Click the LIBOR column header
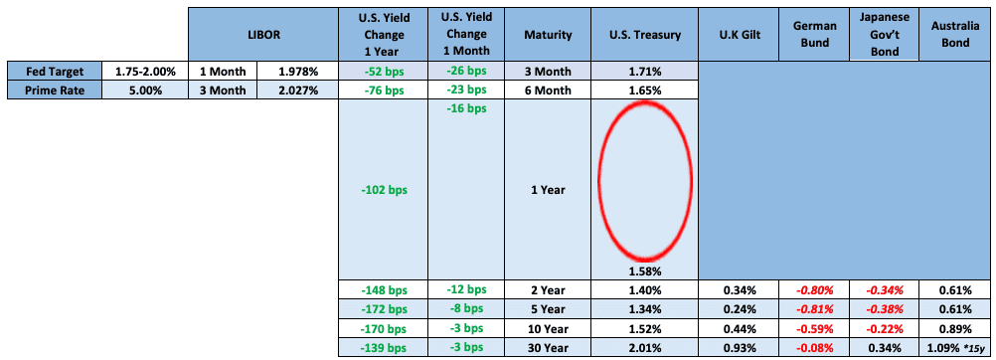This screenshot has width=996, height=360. tap(263, 35)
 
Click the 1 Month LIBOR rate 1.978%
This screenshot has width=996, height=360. tap(298, 72)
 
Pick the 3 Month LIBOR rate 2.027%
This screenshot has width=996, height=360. tap(298, 90)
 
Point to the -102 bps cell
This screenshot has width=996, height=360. tap(383, 190)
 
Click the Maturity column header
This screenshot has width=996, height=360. tap(548, 35)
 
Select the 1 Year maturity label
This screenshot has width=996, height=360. tap(548, 190)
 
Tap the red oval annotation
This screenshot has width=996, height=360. tap(598, 180)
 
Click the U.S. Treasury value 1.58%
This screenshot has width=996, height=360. tap(644, 271)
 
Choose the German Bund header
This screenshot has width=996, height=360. tap(815, 35)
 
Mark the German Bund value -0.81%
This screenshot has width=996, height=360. tap(815, 309)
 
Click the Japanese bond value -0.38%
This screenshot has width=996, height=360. tap(885, 309)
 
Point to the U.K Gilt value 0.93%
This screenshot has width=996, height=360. tap(740, 348)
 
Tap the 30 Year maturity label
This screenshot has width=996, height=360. tap(548, 348)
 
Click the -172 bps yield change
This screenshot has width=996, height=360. tap(383, 309)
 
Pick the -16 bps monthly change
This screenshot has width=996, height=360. tap(466, 108)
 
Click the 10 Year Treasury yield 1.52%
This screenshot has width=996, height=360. tap(644, 329)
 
